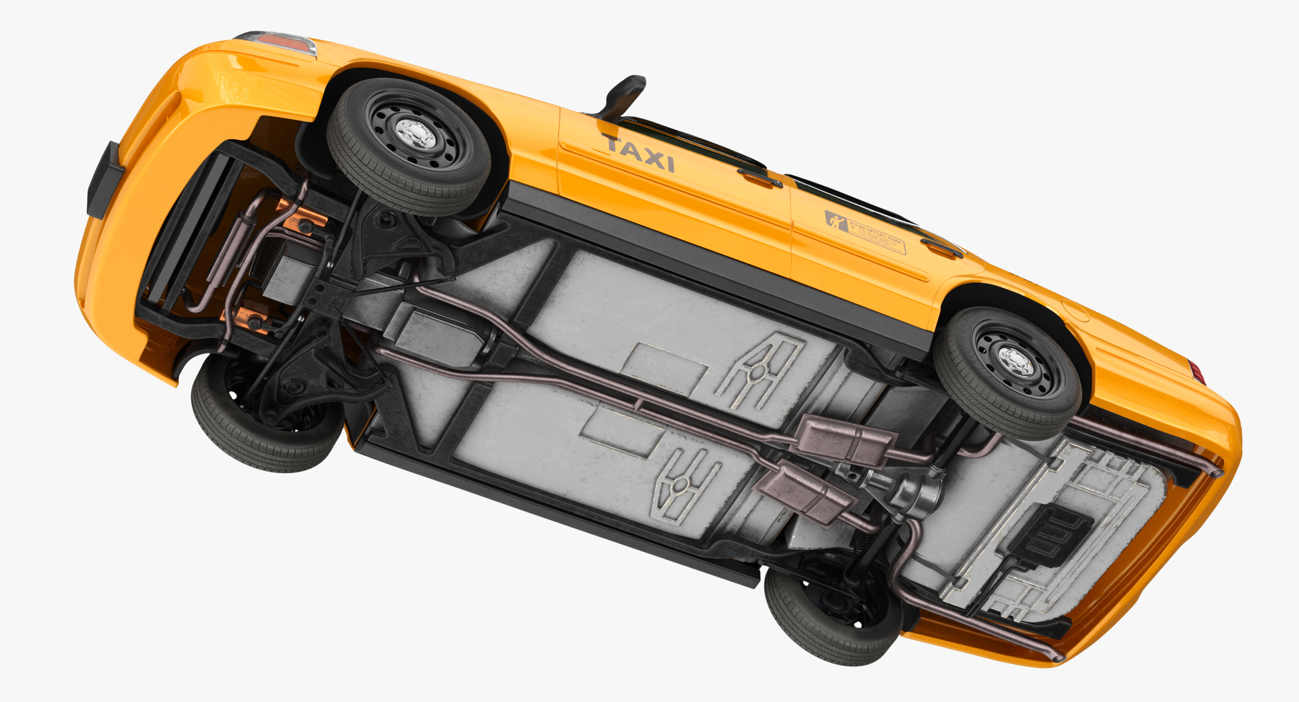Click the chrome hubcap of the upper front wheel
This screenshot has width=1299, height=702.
coord(416,134)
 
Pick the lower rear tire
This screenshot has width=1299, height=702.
coord(831,626)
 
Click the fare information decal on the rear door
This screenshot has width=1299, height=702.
coord(866,232)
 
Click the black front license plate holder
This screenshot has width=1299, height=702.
coord(104,179)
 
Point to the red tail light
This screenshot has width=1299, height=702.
coord(1197,372)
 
